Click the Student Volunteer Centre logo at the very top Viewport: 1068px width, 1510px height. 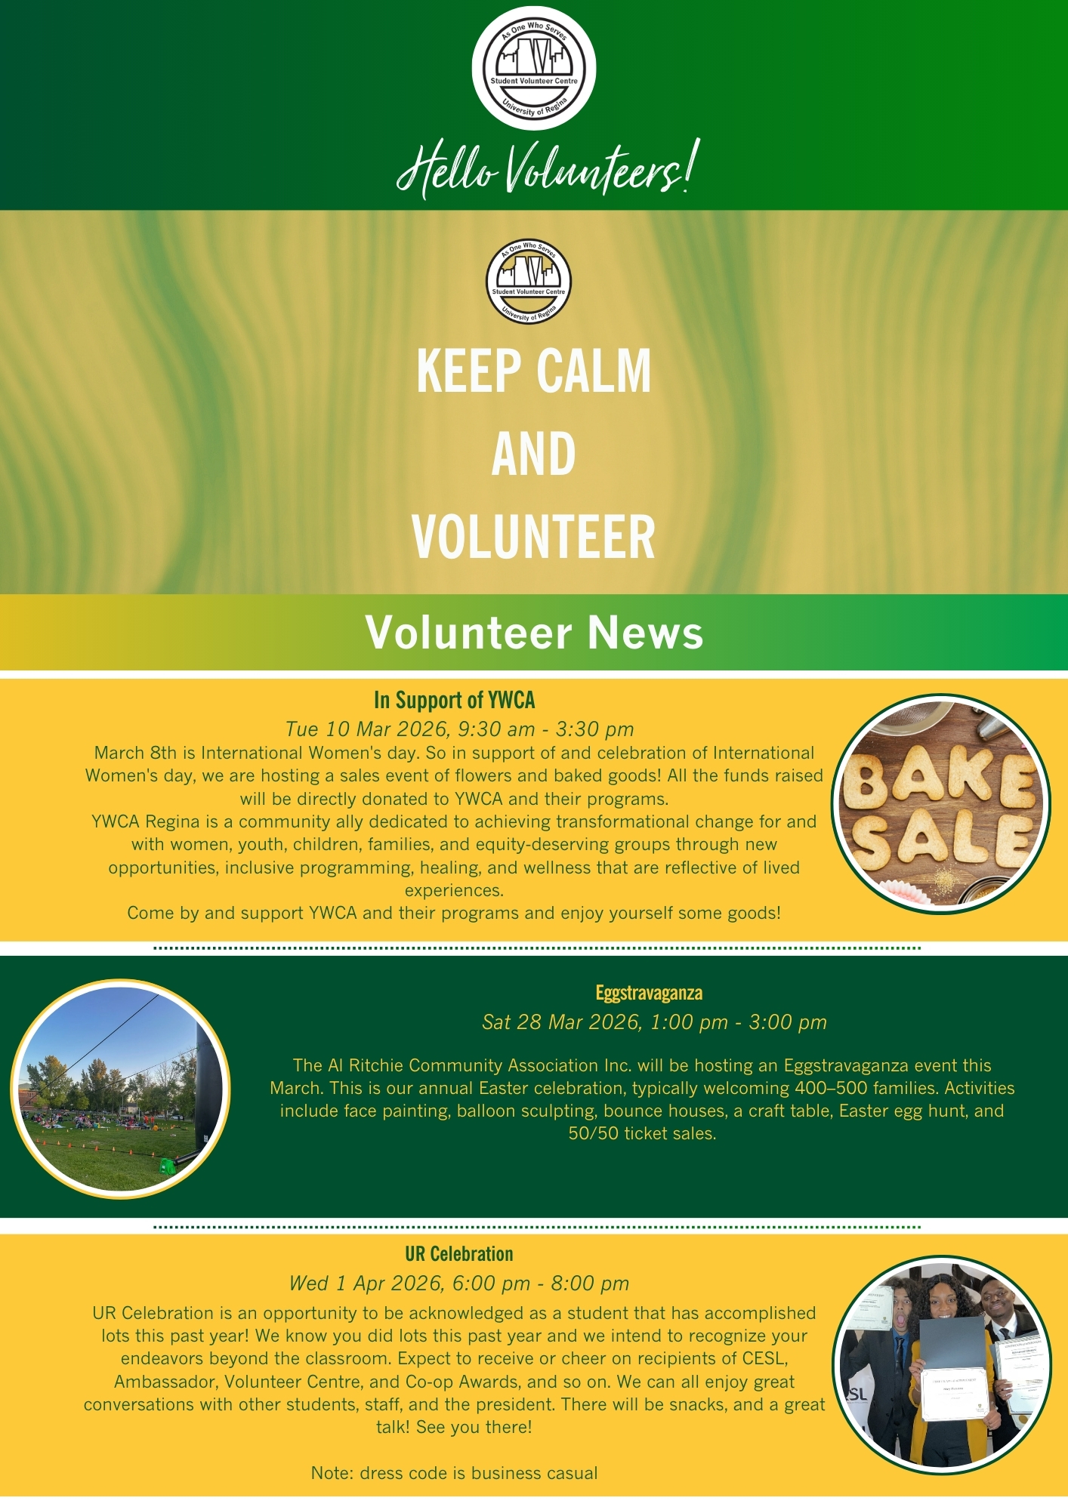534,69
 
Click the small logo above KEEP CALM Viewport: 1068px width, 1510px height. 529,282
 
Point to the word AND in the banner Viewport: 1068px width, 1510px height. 533,454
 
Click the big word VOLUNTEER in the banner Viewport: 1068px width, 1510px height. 533,537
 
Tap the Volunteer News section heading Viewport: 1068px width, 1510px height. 534,632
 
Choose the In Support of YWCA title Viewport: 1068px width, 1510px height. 454,700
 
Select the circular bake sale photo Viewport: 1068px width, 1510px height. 941,803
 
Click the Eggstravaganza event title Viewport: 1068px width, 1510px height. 649,992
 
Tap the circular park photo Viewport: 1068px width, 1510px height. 120,1089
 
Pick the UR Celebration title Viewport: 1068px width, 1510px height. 458,1254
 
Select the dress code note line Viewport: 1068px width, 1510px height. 454,1473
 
